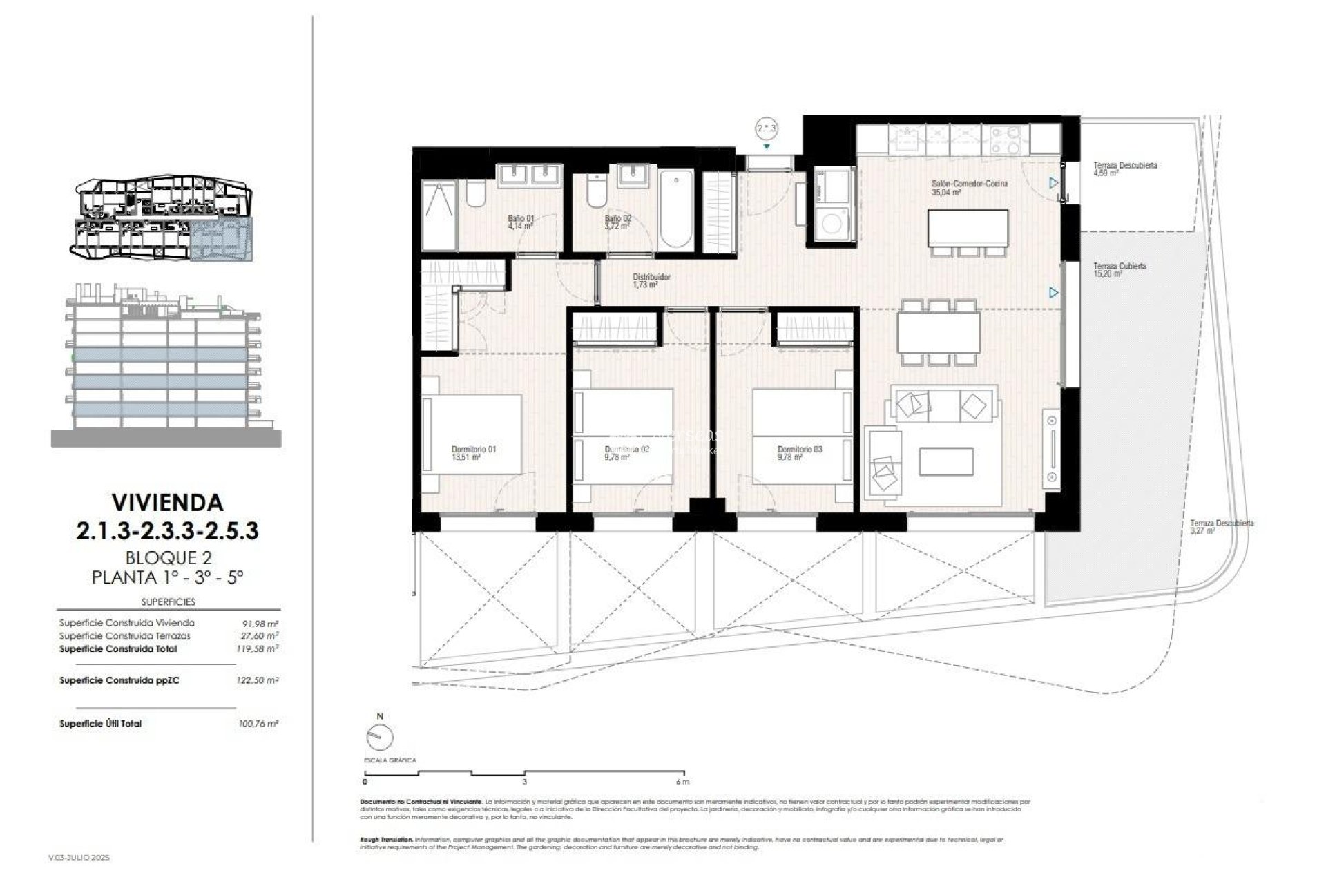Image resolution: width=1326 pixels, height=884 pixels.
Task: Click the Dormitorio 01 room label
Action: point(473,453)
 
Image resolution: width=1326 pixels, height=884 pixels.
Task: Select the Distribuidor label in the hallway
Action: point(651,280)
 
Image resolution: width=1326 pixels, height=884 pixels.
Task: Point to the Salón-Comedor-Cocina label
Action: point(959,188)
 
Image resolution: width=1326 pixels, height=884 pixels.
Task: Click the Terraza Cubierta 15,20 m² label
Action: point(1120,269)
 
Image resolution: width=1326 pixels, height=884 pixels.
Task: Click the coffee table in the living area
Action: point(946,461)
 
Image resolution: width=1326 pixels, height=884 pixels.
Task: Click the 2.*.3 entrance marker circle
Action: point(767,128)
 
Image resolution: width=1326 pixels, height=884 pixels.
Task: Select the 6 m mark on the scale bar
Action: point(682,782)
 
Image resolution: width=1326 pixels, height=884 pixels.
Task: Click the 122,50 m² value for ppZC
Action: point(257,680)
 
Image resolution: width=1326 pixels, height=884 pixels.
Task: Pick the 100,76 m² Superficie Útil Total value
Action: point(257,724)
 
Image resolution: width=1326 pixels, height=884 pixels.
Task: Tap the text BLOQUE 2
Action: point(168,557)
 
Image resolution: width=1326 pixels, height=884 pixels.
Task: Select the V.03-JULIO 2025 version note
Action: point(79,857)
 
